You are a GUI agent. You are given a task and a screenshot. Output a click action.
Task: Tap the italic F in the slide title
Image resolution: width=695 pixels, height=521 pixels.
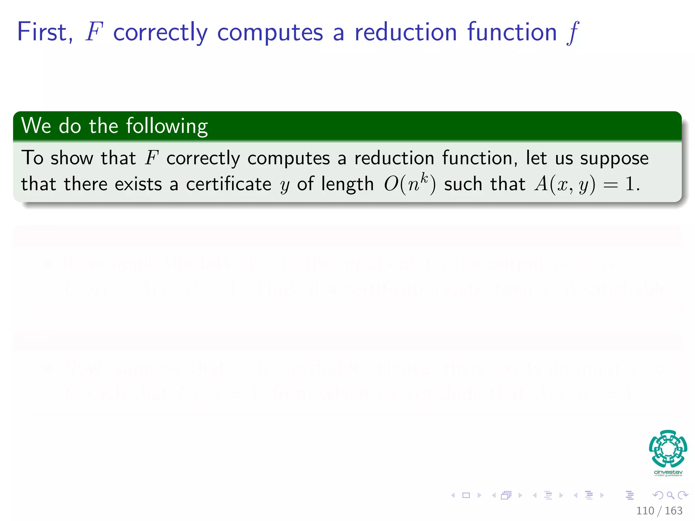pos(94,32)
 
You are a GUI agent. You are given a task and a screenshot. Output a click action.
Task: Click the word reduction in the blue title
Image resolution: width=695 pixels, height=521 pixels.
pos(406,32)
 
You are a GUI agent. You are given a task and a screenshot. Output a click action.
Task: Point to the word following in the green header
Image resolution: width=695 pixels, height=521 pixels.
pos(167,126)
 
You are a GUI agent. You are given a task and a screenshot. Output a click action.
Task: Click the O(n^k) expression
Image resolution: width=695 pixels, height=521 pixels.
pos(410,185)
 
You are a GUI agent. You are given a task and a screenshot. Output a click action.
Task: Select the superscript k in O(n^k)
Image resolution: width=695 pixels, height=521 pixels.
pos(424,178)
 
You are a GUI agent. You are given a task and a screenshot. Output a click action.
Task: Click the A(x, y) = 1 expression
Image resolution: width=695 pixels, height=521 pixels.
pos(587,185)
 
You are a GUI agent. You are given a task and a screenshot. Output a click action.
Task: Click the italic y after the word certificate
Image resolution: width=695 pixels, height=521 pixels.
pos(284,186)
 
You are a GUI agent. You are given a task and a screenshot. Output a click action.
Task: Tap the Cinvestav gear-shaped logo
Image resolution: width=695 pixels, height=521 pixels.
pos(668,448)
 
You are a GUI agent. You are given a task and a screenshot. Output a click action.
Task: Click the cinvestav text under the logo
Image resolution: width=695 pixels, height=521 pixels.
pos(668,472)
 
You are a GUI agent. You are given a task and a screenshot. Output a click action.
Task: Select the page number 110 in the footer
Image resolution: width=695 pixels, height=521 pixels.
pos(645,510)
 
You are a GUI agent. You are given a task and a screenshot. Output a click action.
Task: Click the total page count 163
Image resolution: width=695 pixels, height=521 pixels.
pos(673,510)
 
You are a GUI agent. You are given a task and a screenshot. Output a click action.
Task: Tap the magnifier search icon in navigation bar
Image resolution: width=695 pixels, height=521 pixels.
pos(670,495)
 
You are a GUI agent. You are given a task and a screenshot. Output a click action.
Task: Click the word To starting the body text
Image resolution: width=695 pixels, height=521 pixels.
pos(32,158)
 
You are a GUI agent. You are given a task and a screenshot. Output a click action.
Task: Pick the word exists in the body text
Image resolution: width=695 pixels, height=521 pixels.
pos(138,185)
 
